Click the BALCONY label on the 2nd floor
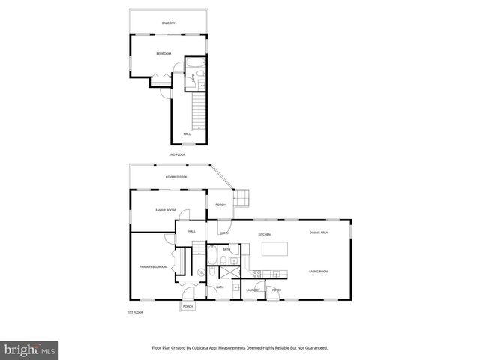[x=169, y=23]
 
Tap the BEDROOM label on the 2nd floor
[x=163, y=54]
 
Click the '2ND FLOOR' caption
[x=177, y=154]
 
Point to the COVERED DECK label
[x=176, y=177]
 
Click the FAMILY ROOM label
[x=165, y=210]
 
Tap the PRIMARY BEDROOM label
[x=153, y=266]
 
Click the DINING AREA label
[x=319, y=232]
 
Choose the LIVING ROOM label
[x=319, y=271]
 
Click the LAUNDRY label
[x=253, y=289]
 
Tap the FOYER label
[x=277, y=289]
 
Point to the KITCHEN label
[x=264, y=235]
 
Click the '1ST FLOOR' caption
[x=135, y=312]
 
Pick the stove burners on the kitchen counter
[x=257, y=273]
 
